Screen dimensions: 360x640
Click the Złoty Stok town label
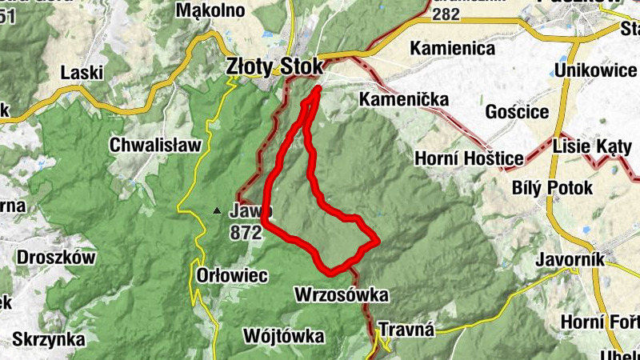(274, 65)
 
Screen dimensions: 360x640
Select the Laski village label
(82, 73)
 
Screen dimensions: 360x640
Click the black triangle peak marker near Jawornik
(216, 211)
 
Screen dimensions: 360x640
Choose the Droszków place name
(56, 258)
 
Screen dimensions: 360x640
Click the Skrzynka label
(49, 339)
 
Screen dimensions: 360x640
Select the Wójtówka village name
(273, 335)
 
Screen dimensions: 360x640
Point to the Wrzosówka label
(342, 295)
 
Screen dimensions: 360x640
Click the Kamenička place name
(404, 101)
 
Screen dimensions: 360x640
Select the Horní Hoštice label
(469, 159)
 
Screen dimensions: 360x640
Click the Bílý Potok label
(552, 188)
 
